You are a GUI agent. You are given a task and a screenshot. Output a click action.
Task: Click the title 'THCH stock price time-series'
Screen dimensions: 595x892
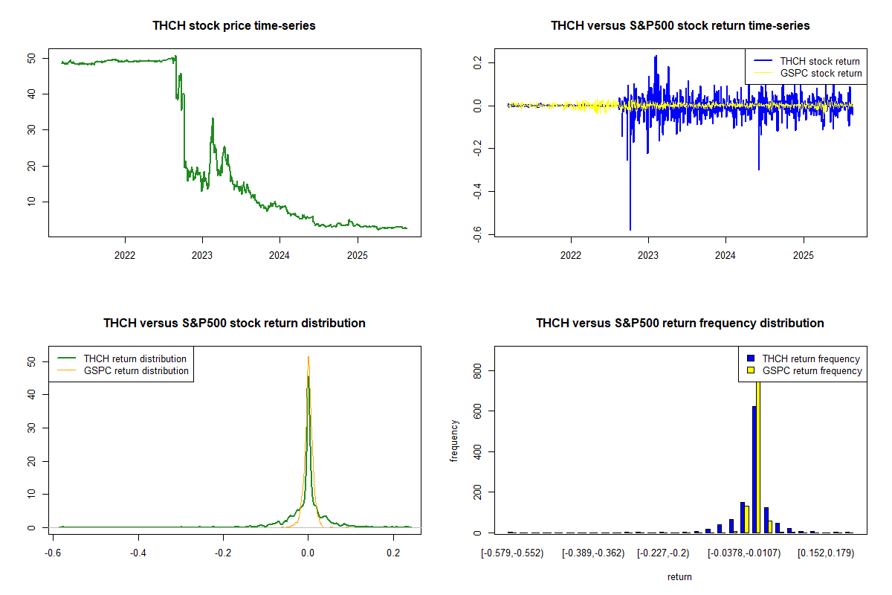point(234,26)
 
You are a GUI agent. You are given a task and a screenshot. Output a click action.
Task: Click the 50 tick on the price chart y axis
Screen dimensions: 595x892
point(31,58)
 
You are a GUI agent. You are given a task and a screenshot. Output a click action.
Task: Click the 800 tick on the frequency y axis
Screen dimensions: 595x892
point(477,370)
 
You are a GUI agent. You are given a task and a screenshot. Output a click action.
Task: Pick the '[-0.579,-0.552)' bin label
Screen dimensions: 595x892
point(512,553)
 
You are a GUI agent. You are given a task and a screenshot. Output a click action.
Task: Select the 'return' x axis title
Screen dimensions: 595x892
point(679,576)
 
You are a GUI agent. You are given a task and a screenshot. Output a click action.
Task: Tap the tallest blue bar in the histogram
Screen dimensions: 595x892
point(754,469)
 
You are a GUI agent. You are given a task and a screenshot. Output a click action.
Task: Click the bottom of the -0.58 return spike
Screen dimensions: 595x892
point(630,230)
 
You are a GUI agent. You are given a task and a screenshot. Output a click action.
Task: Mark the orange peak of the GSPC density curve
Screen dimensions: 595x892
point(308,357)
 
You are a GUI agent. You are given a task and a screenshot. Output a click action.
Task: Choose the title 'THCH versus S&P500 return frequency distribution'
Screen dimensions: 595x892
point(679,324)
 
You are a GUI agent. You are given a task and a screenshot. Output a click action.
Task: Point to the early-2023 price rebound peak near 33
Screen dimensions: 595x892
point(213,118)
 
